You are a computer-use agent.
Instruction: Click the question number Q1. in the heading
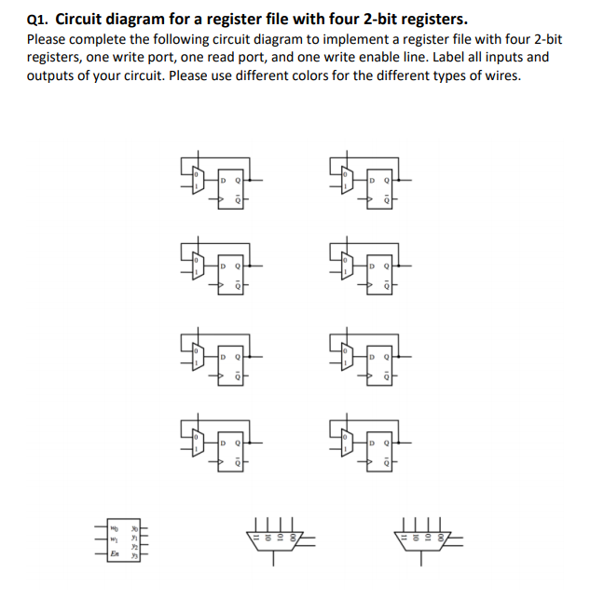point(39,19)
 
